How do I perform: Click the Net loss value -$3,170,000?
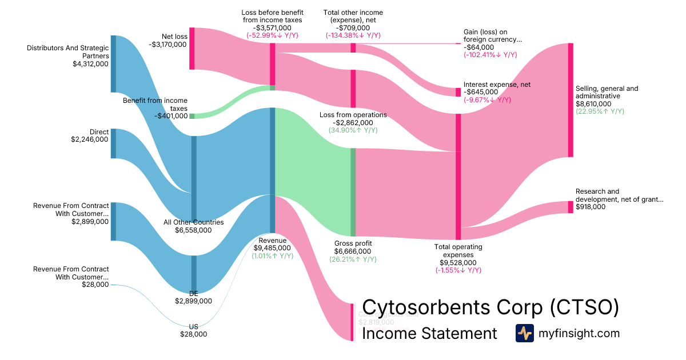167,44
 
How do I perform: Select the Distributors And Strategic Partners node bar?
113,63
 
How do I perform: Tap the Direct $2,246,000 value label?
89,139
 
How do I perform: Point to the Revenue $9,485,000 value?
272,248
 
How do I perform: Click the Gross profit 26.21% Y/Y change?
353,259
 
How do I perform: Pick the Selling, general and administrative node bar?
570,99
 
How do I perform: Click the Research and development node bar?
570,207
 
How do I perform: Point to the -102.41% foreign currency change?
490,55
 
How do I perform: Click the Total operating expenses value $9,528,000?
458,262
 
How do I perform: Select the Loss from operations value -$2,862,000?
353,122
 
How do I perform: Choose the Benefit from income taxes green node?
192,116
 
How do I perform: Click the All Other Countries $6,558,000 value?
193,230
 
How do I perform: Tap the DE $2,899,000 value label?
193,301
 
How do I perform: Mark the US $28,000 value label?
193,334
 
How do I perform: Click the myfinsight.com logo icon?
524,333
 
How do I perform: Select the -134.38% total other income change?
353,35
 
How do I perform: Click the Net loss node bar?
192,49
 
